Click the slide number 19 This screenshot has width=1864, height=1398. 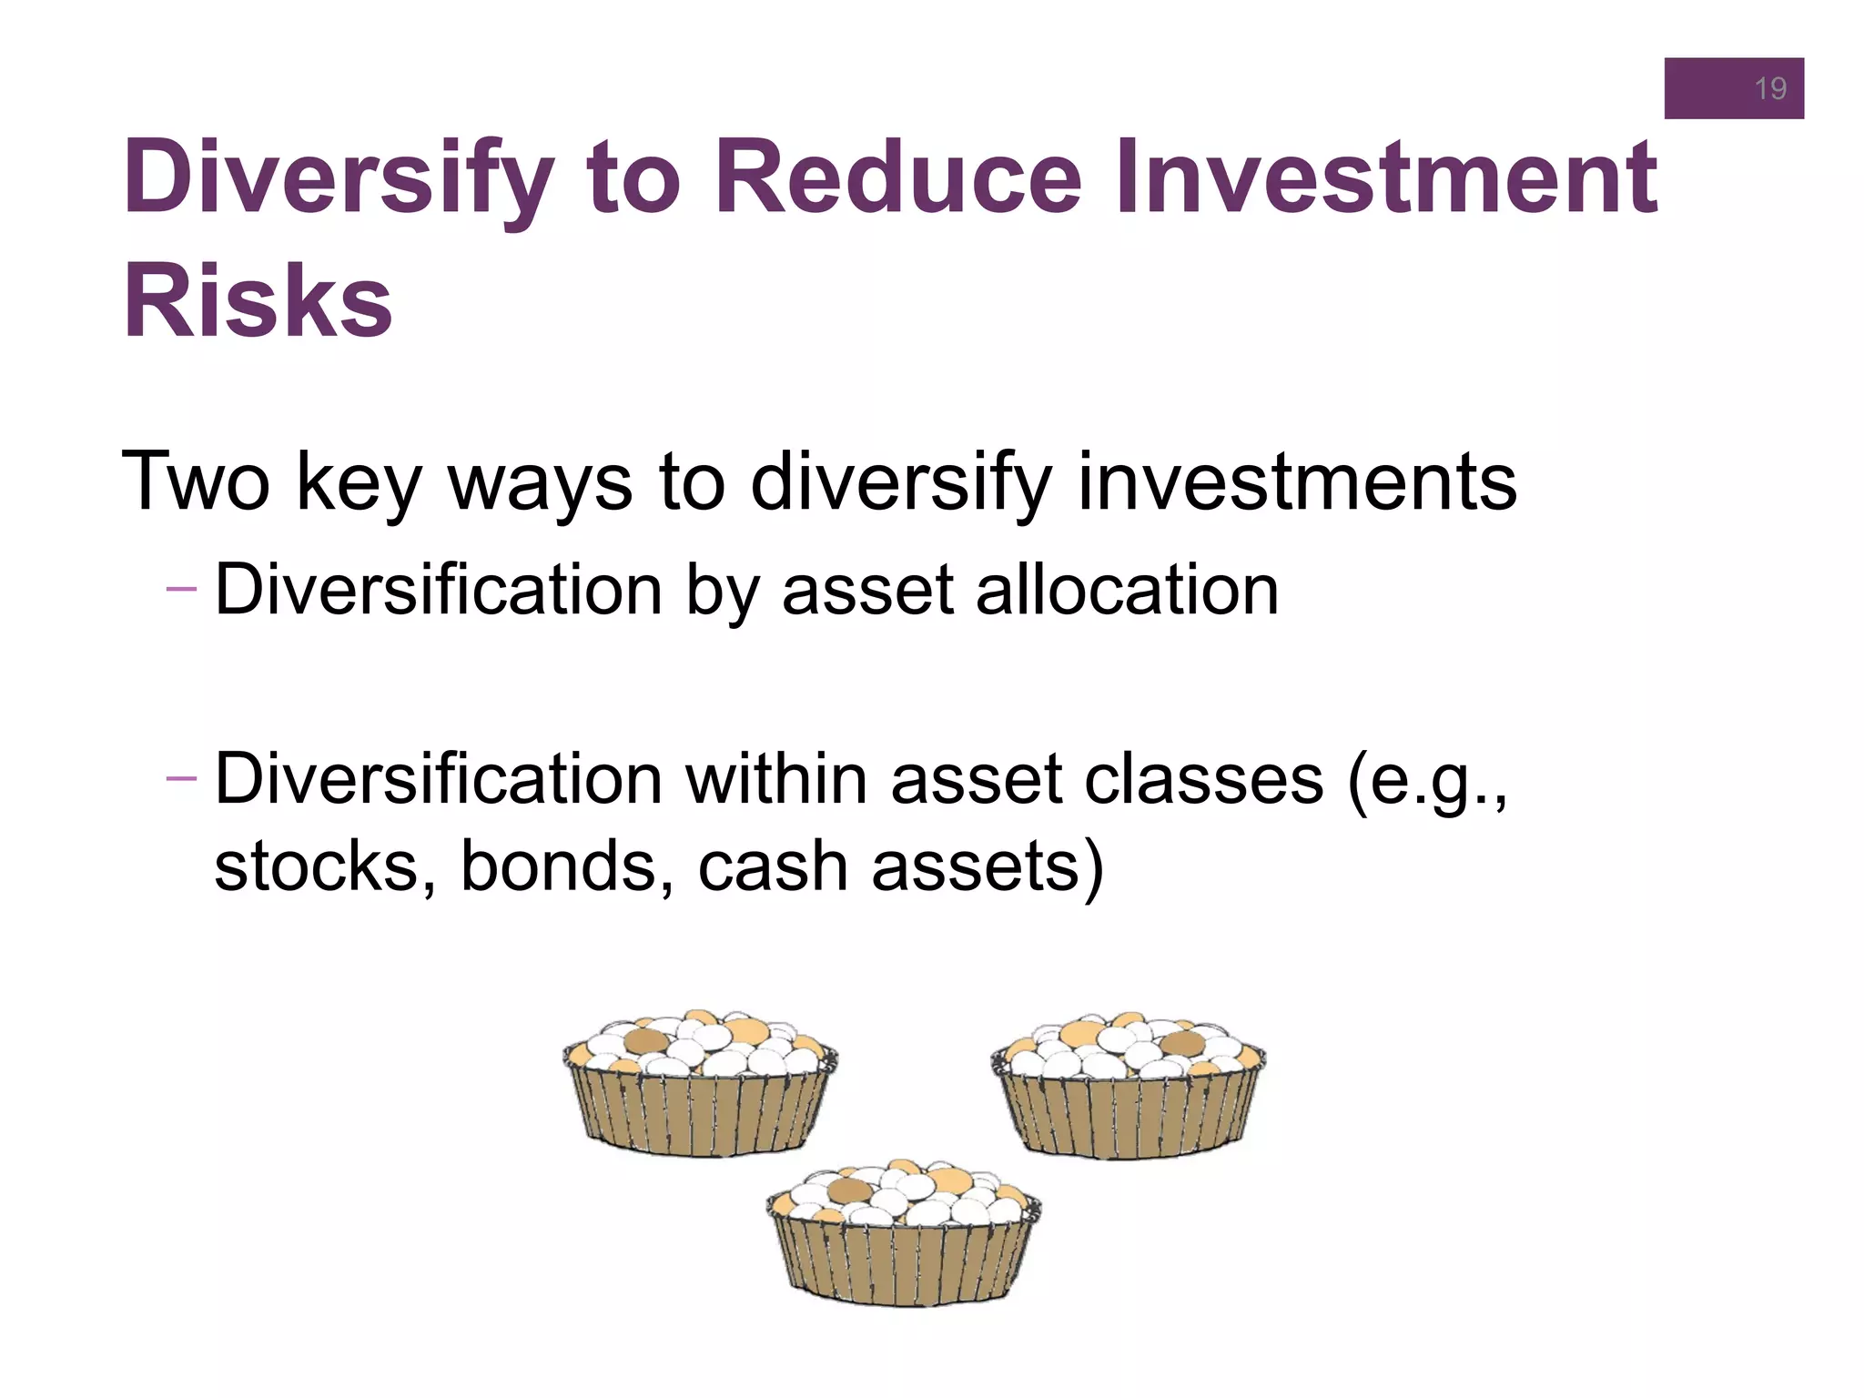1769,88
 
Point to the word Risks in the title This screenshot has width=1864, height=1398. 258,301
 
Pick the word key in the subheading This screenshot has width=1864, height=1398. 359,482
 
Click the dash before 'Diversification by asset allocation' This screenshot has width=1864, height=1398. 181,589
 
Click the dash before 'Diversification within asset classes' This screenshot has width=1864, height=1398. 181,778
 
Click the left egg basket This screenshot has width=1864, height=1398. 699,1083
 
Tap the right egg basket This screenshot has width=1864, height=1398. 1128,1085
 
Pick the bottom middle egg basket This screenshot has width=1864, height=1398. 904,1233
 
